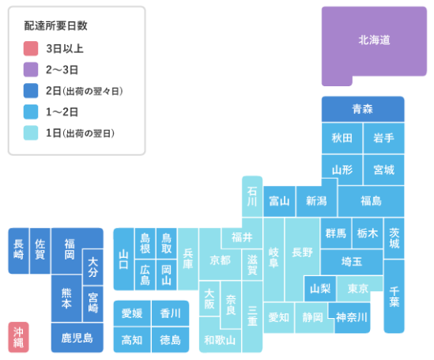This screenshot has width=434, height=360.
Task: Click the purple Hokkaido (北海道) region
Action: click(x=374, y=41)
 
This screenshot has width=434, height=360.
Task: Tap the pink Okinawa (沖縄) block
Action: click(x=18, y=337)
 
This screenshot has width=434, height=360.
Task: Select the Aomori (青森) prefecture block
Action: click(x=363, y=109)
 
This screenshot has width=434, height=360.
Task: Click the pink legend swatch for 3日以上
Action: click(x=31, y=48)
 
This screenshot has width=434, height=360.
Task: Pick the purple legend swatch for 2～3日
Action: click(x=31, y=70)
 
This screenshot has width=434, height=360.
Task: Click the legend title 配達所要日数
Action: click(x=55, y=26)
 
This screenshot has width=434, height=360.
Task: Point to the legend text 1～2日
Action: click(x=62, y=112)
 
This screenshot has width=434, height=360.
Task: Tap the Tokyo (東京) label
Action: click(x=357, y=289)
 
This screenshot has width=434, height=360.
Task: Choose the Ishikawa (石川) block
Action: click(x=252, y=196)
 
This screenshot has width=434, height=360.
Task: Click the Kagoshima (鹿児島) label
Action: click(x=77, y=338)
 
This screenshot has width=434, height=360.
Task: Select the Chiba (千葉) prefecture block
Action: click(x=394, y=296)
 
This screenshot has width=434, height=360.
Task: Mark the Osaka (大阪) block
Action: click(x=209, y=298)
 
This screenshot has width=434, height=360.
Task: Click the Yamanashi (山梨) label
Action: click(x=320, y=289)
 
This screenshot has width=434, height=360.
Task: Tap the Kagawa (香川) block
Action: click(x=170, y=313)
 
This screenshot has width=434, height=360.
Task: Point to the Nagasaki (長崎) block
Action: click(x=18, y=251)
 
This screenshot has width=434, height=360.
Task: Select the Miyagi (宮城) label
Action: click(x=383, y=169)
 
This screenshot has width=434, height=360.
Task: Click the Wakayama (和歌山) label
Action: click(x=220, y=340)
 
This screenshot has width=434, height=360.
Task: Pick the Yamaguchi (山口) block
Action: click(x=124, y=260)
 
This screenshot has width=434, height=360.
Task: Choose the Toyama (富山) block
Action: click(x=279, y=201)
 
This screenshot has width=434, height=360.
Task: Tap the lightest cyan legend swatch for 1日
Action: click(x=31, y=133)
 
